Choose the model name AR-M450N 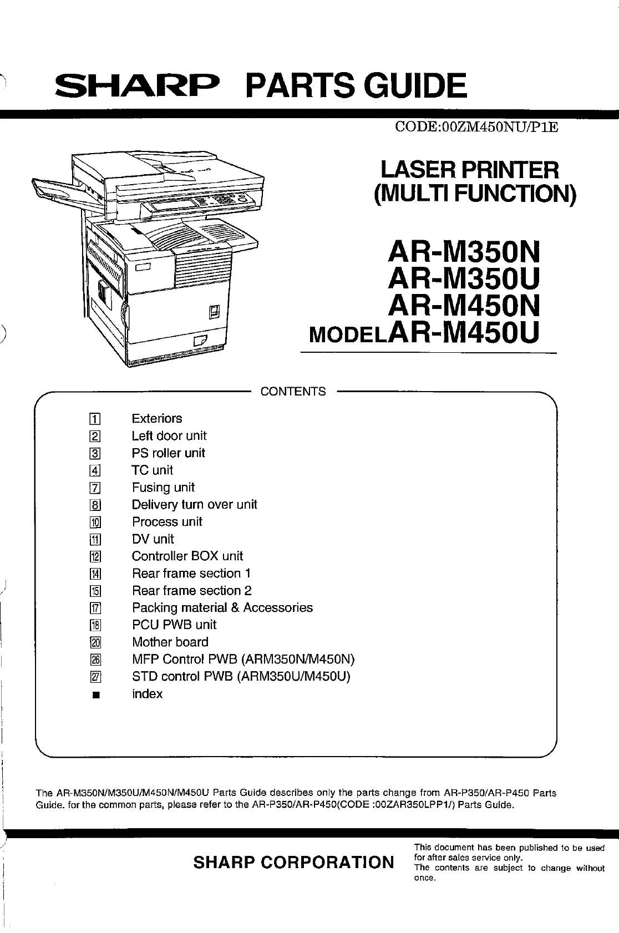coord(463,306)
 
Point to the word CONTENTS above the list coord(293,392)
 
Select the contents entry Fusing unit coord(163,488)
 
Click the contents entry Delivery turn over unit coord(194,505)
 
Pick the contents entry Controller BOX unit coord(187,556)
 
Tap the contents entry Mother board coord(170,642)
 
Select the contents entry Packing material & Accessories coord(222,608)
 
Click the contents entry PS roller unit coord(168,453)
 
